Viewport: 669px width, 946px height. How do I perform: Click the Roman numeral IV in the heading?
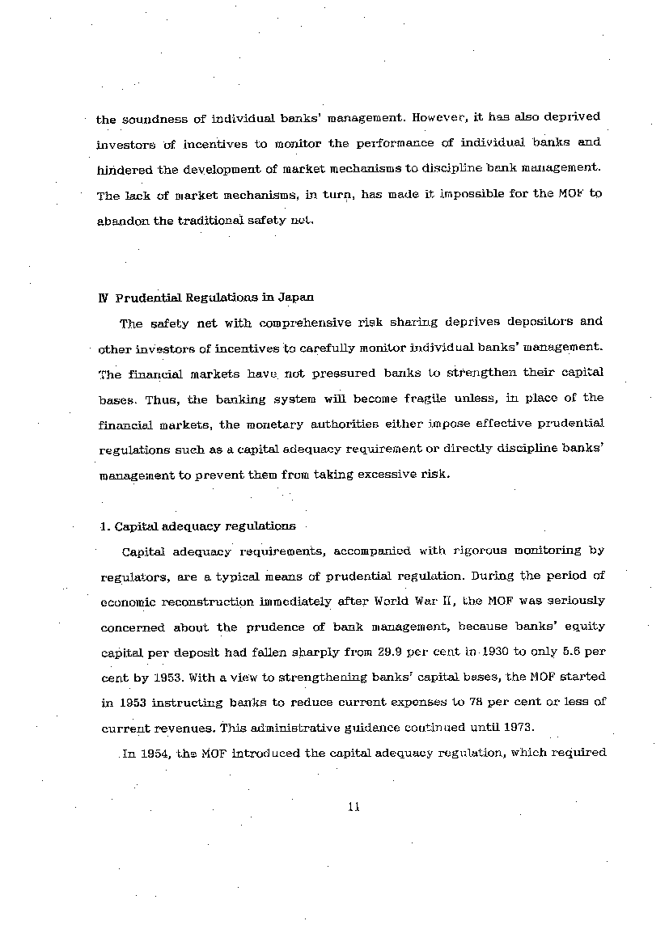[103, 298]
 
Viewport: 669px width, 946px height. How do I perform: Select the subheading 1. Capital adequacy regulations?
[197, 526]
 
